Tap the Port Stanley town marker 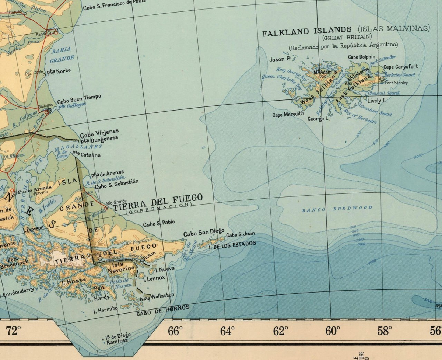[381, 78]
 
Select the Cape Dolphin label [362, 57]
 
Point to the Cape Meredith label [288, 115]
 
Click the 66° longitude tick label [175, 331]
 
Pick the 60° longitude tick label [333, 331]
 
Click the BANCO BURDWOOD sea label [337, 209]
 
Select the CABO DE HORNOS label [163, 310]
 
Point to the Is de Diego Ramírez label [117, 338]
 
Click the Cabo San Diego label [204, 233]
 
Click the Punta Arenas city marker [14, 192]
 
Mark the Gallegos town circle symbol [49, 110]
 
